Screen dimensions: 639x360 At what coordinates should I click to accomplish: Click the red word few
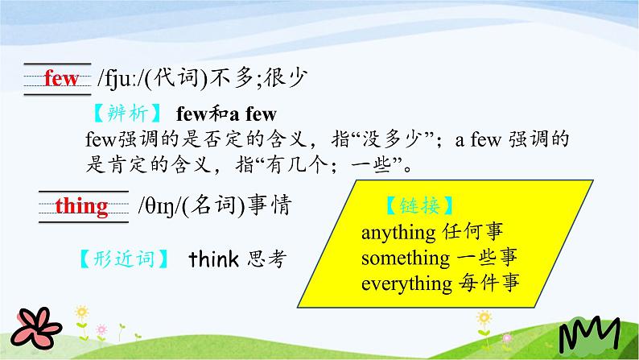(x=60, y=78)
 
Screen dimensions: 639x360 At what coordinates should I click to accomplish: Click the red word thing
(x=81, y=206)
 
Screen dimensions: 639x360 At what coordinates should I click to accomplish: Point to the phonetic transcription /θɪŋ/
(x=159, y=206)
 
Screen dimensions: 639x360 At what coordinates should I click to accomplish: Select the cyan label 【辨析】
(x=127, y=114)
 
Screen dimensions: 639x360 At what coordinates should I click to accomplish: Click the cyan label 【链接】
(x=419, y=205)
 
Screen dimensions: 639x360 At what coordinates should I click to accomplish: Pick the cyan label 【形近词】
(x=124, y=259)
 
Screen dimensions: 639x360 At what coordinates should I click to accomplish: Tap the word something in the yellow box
(x=406, y=259)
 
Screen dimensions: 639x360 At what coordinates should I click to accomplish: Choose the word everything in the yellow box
(x=406, y=284)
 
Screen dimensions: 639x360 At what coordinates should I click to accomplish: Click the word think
(x=213, y=259)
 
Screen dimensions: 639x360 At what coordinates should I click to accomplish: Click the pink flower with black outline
(x=36, y=328)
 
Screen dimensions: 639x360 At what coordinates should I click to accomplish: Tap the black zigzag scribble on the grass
(x=589, y=334)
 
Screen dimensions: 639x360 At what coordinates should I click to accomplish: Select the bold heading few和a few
(x=226, y=114)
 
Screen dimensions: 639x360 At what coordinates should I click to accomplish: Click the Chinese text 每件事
(x=489, y=283)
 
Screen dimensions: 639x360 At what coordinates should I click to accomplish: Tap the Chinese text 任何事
(x=472, y=232)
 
